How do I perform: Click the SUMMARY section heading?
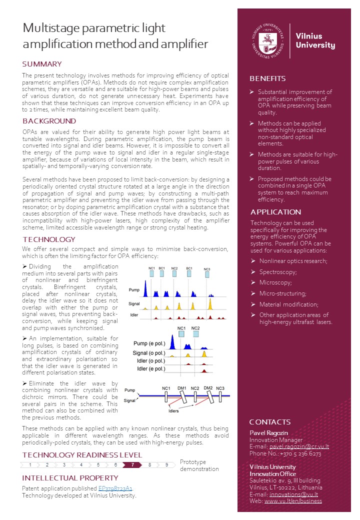pyautogui.click(x=42, y=64)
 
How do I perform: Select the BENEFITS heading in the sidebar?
pyautogui.click(x=267, y=78)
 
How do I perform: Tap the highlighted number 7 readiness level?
pyautogui.click(x=132, y=464)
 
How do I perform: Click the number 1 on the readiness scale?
pyautogui.click(x=30, y=464)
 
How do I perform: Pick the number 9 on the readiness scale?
pyautogui.click(x=166, y=464)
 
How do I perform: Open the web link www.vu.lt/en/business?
pyautogui.click(x=293, y=500)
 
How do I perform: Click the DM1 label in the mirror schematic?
pyautogui.click(x=181, y=388)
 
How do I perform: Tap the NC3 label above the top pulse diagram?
pyautogui.click(x=207, y=269)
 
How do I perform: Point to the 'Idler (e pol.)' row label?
pyautogui.click(x=151, y=369)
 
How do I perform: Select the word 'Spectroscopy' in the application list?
pyautogui.click(x=278, y=272)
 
